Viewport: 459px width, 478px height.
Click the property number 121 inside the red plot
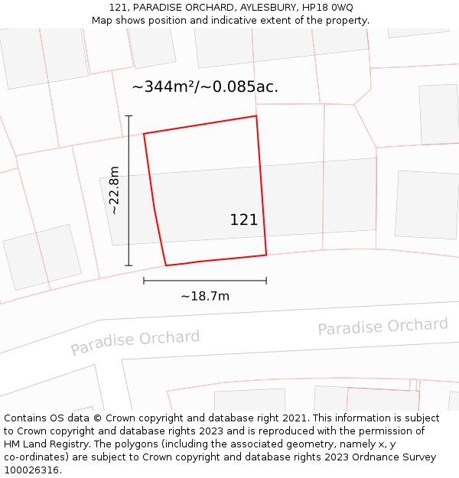pos(244,220)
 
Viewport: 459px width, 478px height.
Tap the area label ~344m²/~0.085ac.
pos(205,87)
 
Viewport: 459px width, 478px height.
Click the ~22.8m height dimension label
pos(114,190)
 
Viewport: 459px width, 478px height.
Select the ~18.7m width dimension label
pos(205,296)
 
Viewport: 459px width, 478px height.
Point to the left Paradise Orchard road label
pos(135,342)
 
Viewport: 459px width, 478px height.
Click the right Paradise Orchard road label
pos(382,327)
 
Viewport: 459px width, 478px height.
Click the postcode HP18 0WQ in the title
pos(327,8)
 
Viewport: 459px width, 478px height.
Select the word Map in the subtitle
pos(103,21)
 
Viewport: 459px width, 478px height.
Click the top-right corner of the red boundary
pos(256,116)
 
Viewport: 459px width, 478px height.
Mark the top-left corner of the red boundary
pos(144,134)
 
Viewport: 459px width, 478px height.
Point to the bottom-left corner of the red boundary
pos(166,265)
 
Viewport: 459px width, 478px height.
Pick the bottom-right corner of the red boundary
pos(266,255)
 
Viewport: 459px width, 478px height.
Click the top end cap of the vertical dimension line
pos(129,116)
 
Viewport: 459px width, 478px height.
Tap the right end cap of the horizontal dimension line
pos(266,281)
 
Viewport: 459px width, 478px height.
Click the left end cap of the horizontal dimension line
pos(144,281)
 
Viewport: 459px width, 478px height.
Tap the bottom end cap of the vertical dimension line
pos(129,265)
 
